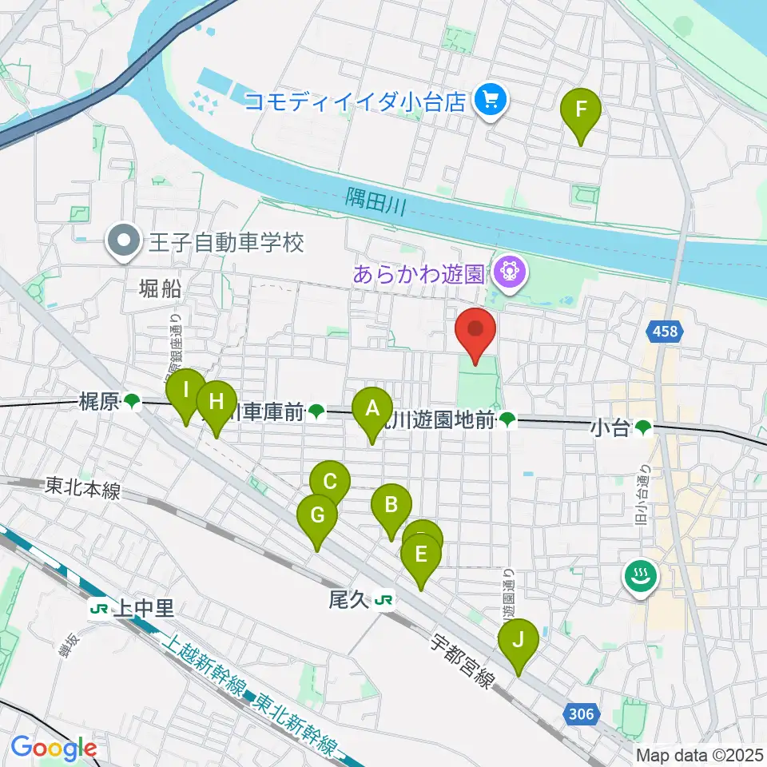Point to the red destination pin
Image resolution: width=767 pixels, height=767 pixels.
(x=476, y=331)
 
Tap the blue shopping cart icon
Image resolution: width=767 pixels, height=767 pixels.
(x=489, y=101)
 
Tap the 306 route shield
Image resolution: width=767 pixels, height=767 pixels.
(x=582, y=713)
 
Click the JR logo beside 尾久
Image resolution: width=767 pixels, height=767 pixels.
(x=385, y=598)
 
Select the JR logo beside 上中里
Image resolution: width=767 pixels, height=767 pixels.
(x=101, y=610)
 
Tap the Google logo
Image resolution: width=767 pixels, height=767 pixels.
(x=54, y=747)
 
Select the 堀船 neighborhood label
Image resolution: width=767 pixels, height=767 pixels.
(x=159, y=289)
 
